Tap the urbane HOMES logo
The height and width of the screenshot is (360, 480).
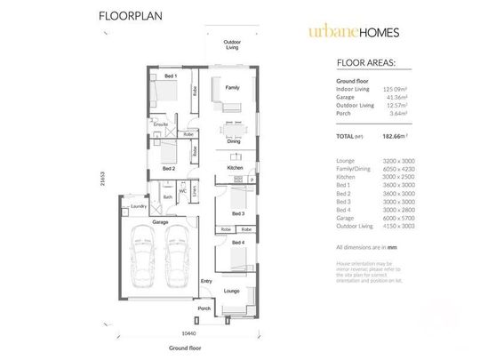(x=354, y=32)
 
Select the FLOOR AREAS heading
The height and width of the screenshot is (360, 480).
(x=366, y=63)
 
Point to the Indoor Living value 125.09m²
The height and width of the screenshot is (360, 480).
(x=395, y=89)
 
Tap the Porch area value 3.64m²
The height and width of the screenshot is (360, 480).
(x=397, y=113)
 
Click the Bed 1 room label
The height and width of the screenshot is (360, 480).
(x=169, y=76)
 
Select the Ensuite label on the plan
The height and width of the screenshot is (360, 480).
(x=161, y=124)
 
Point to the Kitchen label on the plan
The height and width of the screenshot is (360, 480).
(x=235, y=167)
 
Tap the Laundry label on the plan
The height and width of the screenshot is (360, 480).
(x=138, y=206)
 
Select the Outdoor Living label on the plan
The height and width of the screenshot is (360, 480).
(x=232, y=44)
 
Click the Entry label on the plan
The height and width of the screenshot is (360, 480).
(x=207, y=282)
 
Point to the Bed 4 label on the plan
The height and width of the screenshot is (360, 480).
(x=237, y=242)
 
